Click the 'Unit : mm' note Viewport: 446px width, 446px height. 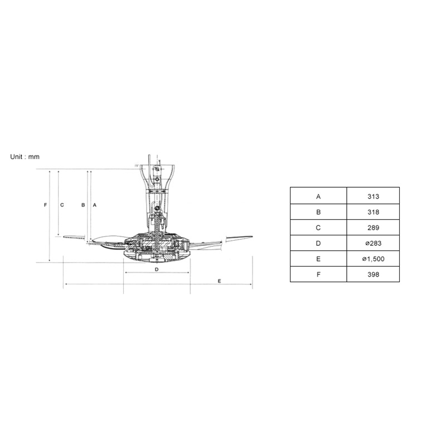[x=25, y=157]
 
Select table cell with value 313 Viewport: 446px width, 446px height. [x=373, y=196]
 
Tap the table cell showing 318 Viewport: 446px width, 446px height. [x=373, y=212]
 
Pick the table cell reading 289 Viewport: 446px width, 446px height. [x=373, y=227]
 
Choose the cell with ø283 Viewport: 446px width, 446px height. [x=373, y=243]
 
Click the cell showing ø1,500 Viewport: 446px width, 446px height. [x=373, y=259]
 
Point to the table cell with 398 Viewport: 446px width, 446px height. [x=373, y=274]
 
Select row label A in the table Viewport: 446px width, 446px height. [x=318, y=196]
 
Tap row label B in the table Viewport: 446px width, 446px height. [x=318, y=212]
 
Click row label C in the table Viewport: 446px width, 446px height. [x=318, y=228]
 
